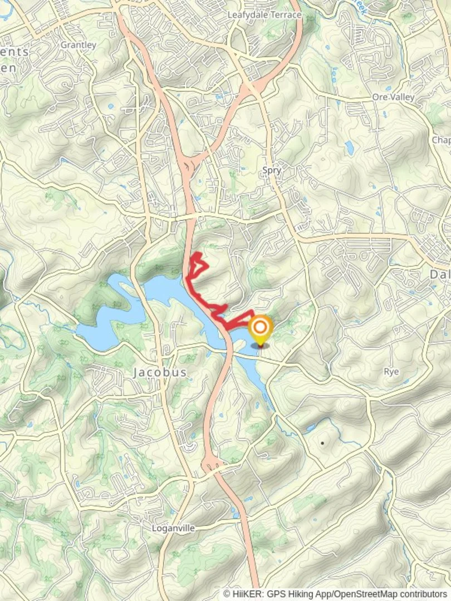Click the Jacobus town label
click(160, 372)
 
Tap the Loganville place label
click(174, 528)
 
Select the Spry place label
click(272, 171)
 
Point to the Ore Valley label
click(394, 97)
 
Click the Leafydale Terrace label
click(264, 15)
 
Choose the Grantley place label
click(78, 45)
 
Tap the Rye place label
click(391, 371)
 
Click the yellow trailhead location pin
click(260, 329)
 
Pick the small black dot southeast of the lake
click(322, 443)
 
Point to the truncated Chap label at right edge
click(441, 140)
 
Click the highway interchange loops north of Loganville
click(212, 462)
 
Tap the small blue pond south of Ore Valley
click(349, 147)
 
